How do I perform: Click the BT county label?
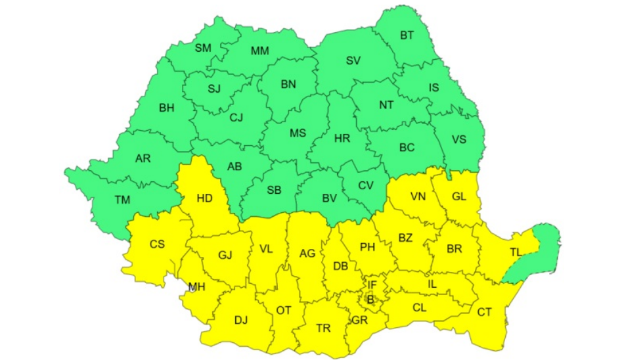coord(407,35)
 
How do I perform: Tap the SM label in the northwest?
coord(203,47)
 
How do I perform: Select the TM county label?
coord(122,199)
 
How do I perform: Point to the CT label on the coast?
coord(484,312)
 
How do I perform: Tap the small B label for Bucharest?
coord(370,300)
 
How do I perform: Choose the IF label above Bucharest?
coord(372,284)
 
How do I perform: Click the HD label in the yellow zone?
coord(204,198)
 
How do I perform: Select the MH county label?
coord(196,287)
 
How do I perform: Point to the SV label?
coord(353,61)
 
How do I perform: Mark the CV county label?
coord(366,185)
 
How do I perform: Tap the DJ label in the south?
coord(241,321)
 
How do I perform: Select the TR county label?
coord(323,328)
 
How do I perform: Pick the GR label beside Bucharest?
coord(359,320)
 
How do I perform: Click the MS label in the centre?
coord(298,133)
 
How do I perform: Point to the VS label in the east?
coord(458,139)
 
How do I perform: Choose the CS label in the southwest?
coord(157,244)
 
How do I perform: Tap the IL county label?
coord(432,284)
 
